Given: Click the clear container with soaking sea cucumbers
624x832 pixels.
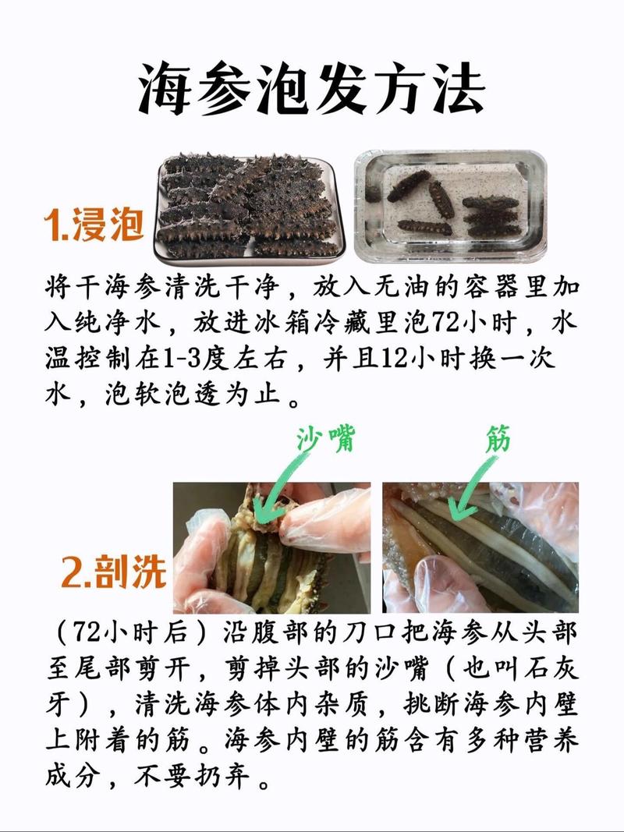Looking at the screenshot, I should (x=450, y=207).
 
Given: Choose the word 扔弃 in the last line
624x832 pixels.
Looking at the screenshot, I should (x=232, y=777).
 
